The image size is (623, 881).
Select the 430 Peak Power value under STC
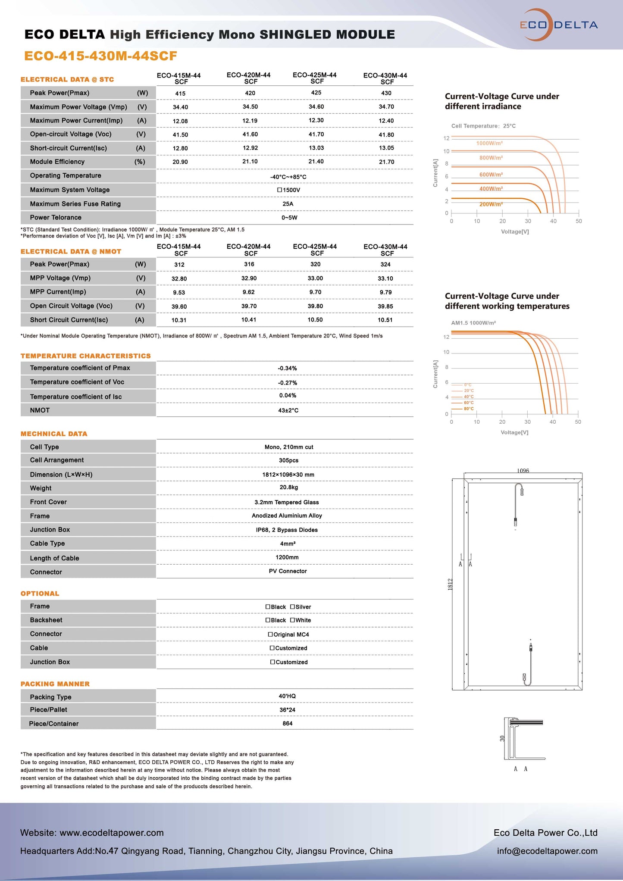click(x=386, y=93)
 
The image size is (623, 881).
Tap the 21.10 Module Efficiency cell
click(x=250, y=162)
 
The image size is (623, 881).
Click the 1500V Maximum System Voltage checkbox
click(x=280, y=190)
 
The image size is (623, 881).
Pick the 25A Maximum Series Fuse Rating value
click(x=288, y=204)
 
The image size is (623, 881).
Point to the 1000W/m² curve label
click(x=489, y=143)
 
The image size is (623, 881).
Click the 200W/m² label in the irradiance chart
click(x=491, y=204)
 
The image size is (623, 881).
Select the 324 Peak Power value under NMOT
click(x=385, y=265)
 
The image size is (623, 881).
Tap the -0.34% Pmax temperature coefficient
click(x=287, y=369)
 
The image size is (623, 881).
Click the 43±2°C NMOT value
click(x=288, y=410)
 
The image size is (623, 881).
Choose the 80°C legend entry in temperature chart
click(x=468, y=409)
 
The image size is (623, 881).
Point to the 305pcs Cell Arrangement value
click(x=288, y=460)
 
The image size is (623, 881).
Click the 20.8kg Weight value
click(x=288, y=487)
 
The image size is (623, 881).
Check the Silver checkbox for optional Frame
click(x=293, y=607)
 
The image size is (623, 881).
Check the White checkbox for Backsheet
click(x=293, y=620)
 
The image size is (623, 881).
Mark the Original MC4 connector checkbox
click(x=271, y=634)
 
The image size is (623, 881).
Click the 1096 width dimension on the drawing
click(x=523, y=471)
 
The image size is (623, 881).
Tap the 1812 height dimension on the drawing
click(x=450, y=584)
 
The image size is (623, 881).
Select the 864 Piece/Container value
click(x=288, y=724)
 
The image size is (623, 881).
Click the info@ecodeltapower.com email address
click(x=547, y=851)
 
